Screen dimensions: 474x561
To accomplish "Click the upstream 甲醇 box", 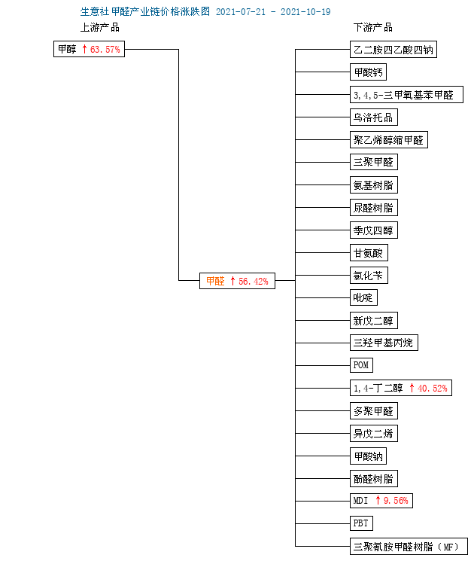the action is pyautogui.click(x=89, y=49).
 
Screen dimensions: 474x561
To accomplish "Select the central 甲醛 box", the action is pyautogui.click(x=237, y=281).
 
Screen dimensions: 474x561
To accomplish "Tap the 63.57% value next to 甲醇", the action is pyautogui.click(x=105, y=50).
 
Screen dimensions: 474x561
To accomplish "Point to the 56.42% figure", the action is pyautogui.click(x=254, y=281).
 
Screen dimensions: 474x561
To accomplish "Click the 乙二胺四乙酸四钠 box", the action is pyautogui.click(x=393, y=50).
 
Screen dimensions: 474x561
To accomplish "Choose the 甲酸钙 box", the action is pyautogui.click(x=368, y=72).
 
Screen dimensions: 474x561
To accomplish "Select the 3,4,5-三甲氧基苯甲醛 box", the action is pyautogui.click(x=406, y=94).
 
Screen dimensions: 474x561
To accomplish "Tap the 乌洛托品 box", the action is pyautogui.click(x=373, y=117).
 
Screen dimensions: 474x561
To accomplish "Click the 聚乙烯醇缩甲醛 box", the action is pyautogui.click(x=388, y=139).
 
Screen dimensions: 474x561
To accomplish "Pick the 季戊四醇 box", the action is pyautogui.click(x=373, y=230).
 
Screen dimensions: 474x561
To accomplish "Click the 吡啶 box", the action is pyautogui.click(x=363, y=297).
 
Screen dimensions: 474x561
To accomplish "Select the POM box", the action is pyautogui.click(x=361, y=365).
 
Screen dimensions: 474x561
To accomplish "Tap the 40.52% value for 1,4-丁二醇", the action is pyautogui.click(x=433, y=389).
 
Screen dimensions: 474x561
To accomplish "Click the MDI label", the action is pyautogui.click(x=360, y=501).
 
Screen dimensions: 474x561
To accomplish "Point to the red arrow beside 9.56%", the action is pyautogui.click(x=378, y=500).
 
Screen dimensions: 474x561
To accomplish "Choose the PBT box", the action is pyautogui.click(x=361, y=523).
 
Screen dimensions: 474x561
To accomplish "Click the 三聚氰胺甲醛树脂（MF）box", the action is pyautogui.click(x=409, y=547).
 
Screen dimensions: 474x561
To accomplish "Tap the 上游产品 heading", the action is pyautogui.click(x=100, y=28).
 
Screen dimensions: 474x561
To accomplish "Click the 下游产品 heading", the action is pyautogui.click(x=373, y=28).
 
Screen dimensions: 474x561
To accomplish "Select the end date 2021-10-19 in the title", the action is pyautogui.click(x=305, y=12).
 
